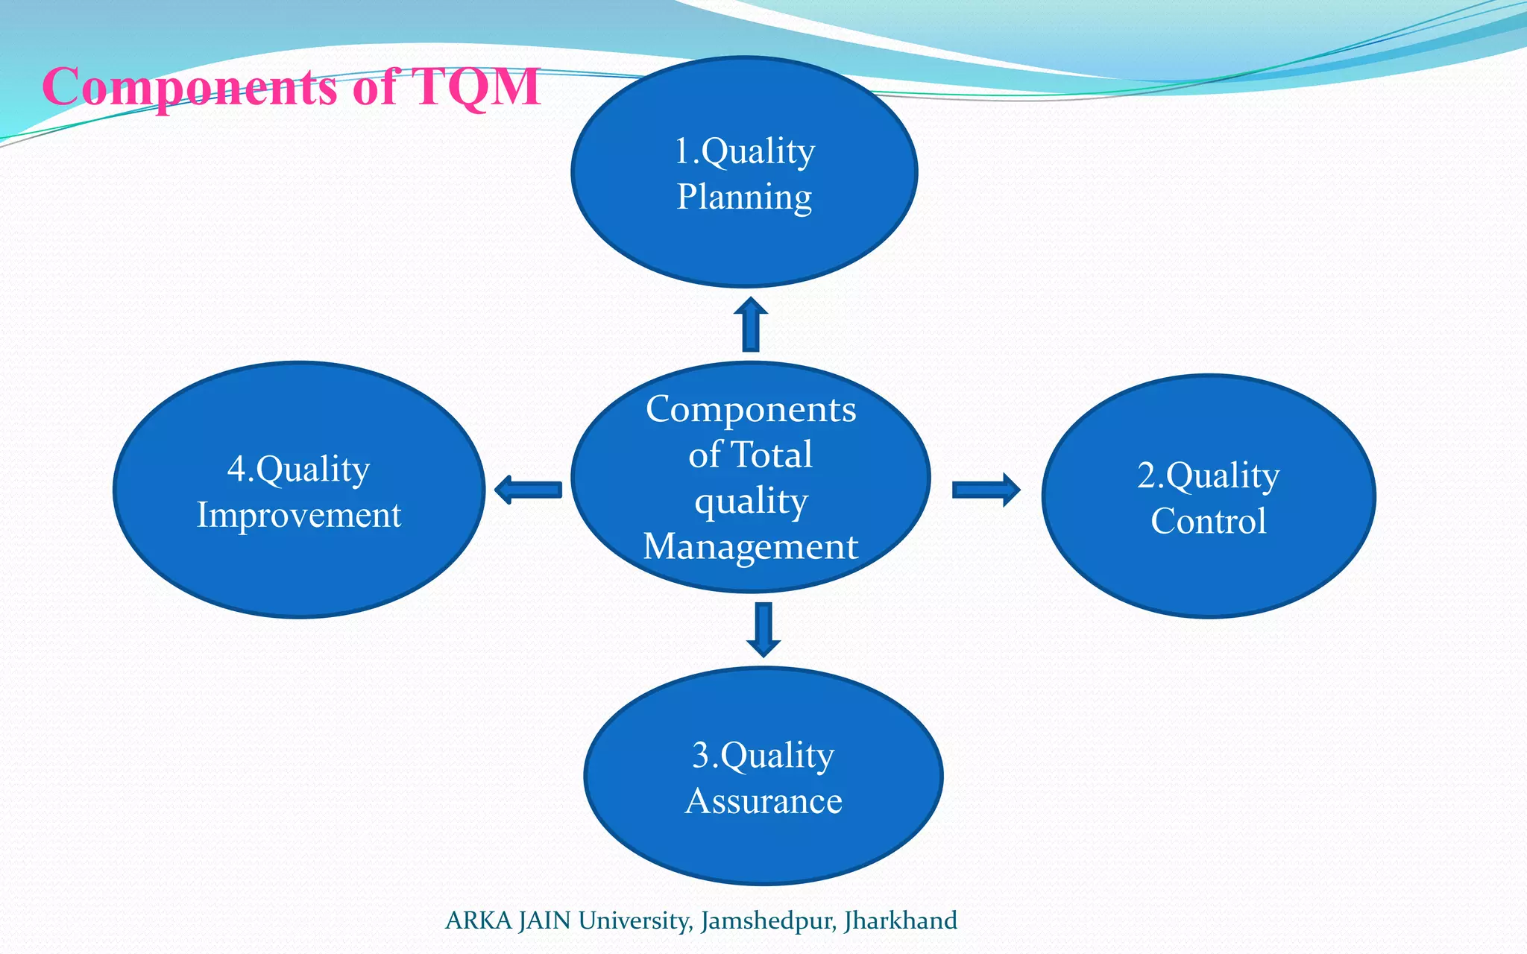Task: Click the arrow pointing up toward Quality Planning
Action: [x=751, y=325]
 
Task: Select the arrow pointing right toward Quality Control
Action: [x=986, y=490]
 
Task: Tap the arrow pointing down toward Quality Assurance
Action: [x=763, y=630]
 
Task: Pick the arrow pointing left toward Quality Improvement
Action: [x=528, y=490]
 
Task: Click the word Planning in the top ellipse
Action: [x=744, y=198]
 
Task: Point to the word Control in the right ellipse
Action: [x=1208, y=521]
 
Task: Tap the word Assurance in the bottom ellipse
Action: [x=763, y=801]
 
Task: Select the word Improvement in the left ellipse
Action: [x=298, y=516]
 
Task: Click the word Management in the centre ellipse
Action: [x=750, y=546]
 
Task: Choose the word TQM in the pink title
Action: [x=475, y=86]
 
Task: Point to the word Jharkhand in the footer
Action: [x=900, y=920]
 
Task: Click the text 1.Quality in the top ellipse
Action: [x=744, y=152]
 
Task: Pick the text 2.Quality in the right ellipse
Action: [x=1208, y=476]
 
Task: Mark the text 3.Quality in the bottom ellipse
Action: [x=763, y=756]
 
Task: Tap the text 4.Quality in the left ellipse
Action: [x=298, y=470]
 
